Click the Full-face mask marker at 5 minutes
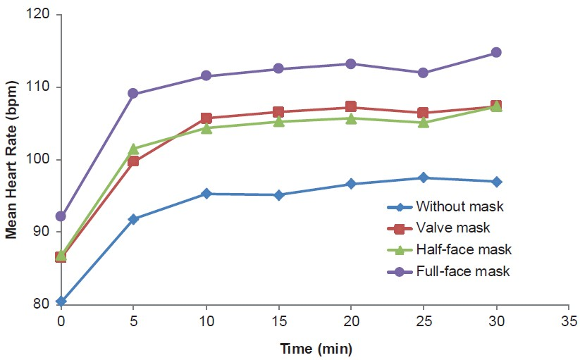point(133,94)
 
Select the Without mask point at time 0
point(61,302)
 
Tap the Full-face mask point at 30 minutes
point(496,52)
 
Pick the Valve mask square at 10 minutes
point(206,118)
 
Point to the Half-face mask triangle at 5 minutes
point(133,149)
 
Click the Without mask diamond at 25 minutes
point(423,178)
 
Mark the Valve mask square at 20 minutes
point(351,107)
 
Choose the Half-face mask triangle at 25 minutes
point(423,123)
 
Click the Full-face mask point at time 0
point(61,216)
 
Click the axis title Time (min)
point(316,348)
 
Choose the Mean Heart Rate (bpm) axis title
point(11,159)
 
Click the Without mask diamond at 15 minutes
point(278,195)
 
